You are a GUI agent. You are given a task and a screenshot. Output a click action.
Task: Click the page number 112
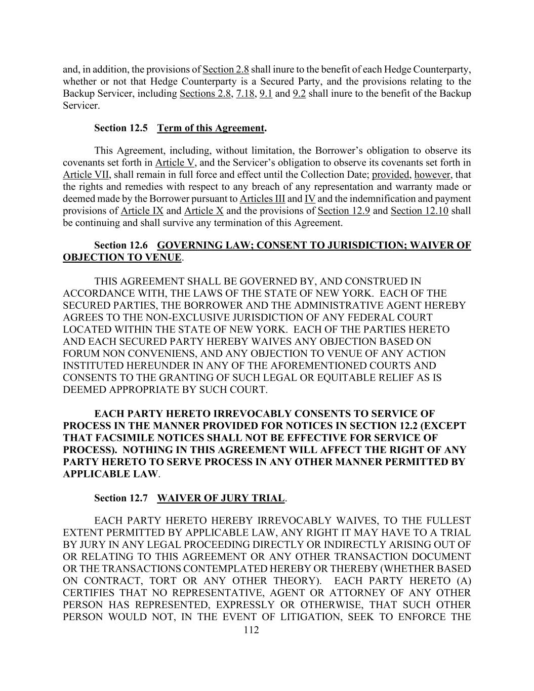251,630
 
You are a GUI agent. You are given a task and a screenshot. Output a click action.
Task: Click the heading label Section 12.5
121,128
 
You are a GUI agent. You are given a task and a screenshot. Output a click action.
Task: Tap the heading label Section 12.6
121,246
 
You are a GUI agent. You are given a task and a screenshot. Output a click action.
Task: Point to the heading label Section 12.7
121,498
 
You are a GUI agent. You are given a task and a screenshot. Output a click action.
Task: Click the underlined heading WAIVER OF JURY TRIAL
221,498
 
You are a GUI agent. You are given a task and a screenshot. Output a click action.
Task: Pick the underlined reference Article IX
142,211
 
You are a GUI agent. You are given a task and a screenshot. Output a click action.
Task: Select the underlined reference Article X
203,211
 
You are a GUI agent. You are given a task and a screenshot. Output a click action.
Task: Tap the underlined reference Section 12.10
419,211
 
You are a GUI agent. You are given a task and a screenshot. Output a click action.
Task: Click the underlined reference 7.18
245,94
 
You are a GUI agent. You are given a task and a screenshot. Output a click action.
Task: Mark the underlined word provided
390,175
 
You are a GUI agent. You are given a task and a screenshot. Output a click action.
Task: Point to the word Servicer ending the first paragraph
81,106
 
